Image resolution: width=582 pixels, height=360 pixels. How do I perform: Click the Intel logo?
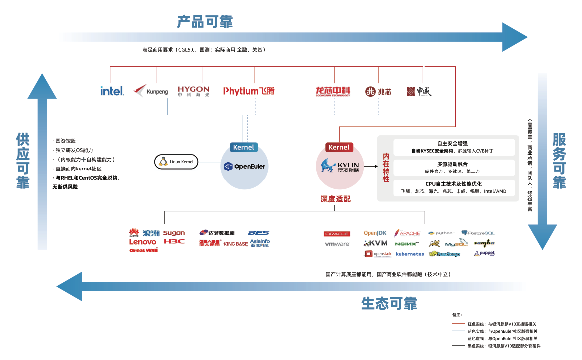click(112, 91)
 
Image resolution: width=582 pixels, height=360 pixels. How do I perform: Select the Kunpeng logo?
click(151, 91)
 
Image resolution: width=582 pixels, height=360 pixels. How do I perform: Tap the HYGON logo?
click(194, 91)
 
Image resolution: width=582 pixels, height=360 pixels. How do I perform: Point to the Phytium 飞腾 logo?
click(249, 91)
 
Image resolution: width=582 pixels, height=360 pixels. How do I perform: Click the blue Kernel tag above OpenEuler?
click(244, 147)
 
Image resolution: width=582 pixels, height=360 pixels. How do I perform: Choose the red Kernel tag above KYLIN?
click(339, 147)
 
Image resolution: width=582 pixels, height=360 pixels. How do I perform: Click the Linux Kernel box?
click(177, 162)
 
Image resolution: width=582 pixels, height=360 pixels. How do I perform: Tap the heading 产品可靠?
click(204, 22)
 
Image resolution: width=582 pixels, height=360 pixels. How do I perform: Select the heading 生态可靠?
click(388, 303)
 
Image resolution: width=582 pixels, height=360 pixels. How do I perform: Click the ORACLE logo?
click(337, 234)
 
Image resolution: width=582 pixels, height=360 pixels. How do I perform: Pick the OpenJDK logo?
click(375, 233)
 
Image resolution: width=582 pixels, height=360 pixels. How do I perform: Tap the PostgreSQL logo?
click(478, 233)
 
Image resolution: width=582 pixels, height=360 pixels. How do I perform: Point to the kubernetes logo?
click(410, 254)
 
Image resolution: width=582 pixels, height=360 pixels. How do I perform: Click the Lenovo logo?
click(143, 242)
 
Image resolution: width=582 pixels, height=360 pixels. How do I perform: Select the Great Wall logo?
click(143, 250)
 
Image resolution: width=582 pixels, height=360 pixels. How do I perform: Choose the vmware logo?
click(337, 244)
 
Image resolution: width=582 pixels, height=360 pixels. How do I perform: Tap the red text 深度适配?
click(335, 199)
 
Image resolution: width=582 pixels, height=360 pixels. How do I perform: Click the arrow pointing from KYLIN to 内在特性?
click(370, 166)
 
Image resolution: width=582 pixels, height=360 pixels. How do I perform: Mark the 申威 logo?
click(419, 91)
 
